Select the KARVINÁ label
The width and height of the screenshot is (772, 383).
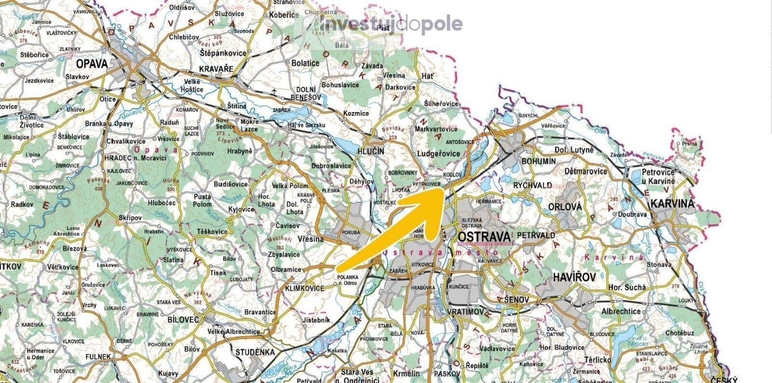point(673,203)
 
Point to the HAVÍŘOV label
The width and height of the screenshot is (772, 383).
point(575,277)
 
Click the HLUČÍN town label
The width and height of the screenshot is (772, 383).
point(371,151)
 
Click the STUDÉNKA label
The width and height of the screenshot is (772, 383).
point(255,352)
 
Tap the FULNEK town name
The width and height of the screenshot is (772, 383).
point(98,356)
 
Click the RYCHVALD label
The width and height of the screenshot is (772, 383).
point(532,185)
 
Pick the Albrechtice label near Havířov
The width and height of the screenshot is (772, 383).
point(621,311)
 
